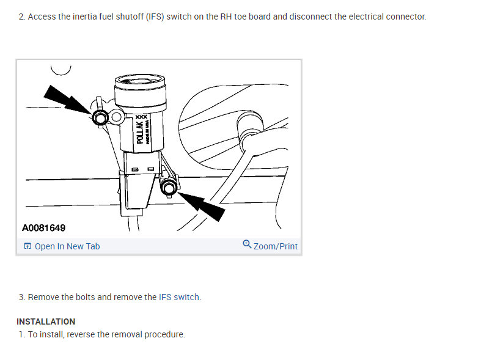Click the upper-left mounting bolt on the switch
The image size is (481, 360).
(99, 117)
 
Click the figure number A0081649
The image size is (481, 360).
(44, 228)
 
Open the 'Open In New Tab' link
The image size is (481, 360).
(67, 246)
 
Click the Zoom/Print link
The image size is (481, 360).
(276, 246)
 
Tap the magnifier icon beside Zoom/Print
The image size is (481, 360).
(247, 244)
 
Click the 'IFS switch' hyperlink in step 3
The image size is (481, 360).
(179, 297)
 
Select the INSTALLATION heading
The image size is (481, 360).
(46, 321)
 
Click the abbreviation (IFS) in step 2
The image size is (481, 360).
(155, 17)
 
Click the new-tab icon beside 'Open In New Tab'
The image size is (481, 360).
(28, 246)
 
